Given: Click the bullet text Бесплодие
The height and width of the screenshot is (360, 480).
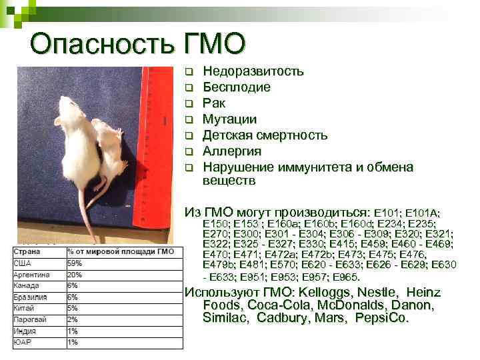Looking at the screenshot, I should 237,87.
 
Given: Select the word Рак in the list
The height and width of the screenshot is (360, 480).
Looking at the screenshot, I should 214,103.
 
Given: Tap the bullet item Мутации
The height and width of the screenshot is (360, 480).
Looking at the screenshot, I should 230,119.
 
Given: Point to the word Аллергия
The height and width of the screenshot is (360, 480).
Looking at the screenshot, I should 232,151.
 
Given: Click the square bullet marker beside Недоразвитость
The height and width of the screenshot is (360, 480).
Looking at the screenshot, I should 189,71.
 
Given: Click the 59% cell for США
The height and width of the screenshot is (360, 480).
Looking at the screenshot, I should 74,263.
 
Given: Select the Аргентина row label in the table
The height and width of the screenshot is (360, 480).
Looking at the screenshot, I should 29,274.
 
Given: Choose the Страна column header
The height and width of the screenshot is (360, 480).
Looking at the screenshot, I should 26,251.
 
